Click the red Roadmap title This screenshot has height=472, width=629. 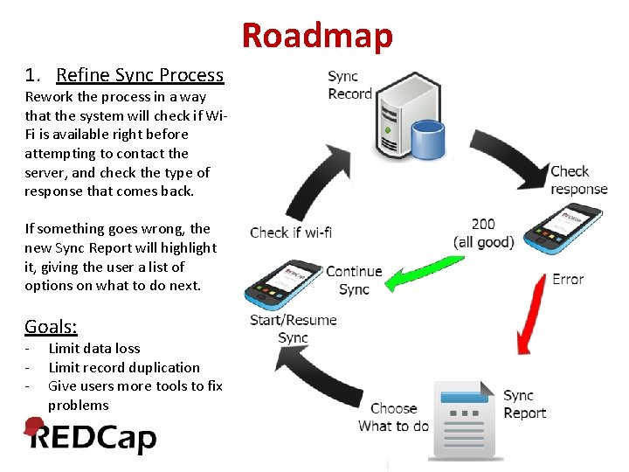[317, 36]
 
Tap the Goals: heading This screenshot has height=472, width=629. [51, 327]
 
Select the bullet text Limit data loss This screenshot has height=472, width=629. [93, 348]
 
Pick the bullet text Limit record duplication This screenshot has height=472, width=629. [123, 367]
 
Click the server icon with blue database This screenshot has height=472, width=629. [405, 120]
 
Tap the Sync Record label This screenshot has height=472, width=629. [349, 85]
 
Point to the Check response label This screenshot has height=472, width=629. [578, 180]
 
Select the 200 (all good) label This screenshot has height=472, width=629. [483, 233]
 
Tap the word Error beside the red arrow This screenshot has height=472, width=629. [568, 280]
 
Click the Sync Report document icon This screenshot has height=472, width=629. [465, 420]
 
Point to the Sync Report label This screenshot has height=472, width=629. [524, 405]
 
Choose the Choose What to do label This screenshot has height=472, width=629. [394, 417]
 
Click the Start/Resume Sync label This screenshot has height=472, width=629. [293, 329]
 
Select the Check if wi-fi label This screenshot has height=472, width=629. [291, 233]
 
